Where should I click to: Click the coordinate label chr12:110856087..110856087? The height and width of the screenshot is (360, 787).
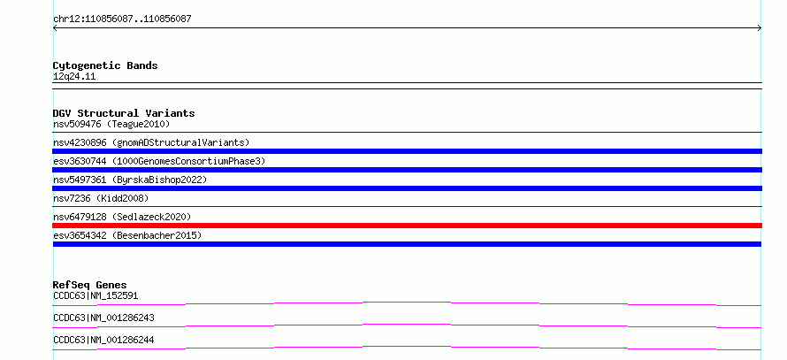(122, 19)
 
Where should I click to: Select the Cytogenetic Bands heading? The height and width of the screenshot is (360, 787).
(105, 65)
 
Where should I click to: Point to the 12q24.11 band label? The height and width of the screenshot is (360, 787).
(74, 77)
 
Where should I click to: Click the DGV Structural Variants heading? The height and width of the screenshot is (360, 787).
(124, 113)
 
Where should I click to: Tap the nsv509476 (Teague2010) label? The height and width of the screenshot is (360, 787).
(111, 124)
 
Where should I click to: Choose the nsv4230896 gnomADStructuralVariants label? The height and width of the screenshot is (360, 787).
(151, 142)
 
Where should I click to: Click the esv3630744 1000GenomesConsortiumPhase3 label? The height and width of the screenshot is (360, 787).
(159, 161)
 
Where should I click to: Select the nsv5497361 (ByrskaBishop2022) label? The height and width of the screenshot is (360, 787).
(130, 180)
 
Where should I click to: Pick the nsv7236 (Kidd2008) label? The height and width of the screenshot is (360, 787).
(101, 198)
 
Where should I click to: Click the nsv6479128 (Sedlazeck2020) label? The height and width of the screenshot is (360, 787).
(122, 217)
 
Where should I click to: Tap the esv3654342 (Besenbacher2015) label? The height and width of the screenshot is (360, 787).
(127, 235)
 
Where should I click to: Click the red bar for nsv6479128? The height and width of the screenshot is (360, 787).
(407, 226)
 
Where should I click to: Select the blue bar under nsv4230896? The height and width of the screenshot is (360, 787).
(407, 151)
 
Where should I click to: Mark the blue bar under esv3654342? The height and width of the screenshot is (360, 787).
(407, 244)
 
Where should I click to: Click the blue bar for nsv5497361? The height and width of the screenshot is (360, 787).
(407, 188)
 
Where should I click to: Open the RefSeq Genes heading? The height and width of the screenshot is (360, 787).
(90, 285)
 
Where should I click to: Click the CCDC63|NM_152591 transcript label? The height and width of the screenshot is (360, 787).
(96, 295)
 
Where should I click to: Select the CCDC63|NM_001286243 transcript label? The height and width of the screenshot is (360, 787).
(103, 318)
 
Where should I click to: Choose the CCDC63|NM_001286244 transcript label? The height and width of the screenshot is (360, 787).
(103, 340)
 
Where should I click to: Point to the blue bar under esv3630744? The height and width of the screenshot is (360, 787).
(407, 170)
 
